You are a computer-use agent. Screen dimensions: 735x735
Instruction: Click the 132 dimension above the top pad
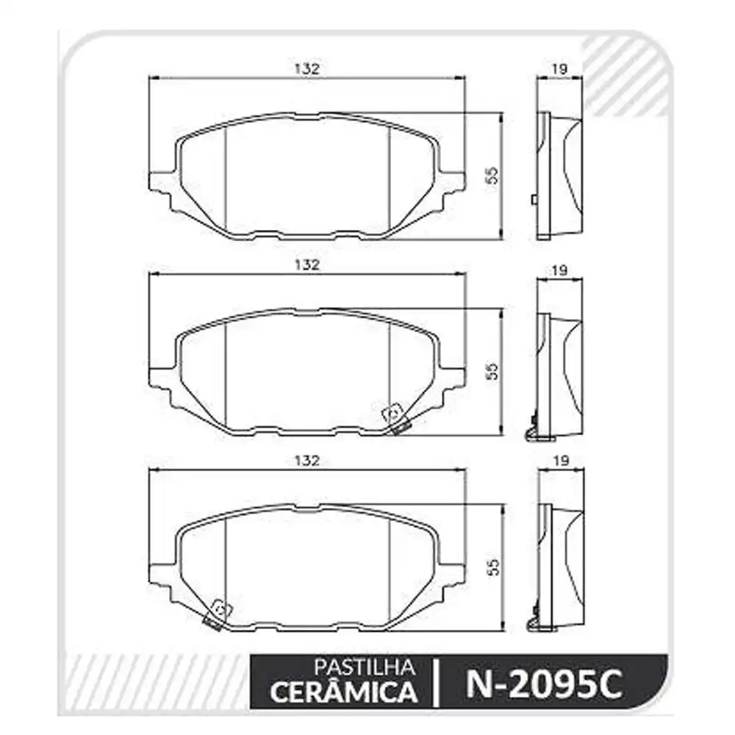(x=307, y=69)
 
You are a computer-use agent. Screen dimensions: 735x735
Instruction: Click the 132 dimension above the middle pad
(x=307, y=265)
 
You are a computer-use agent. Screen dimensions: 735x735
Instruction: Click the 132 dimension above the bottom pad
(x=307, y=461)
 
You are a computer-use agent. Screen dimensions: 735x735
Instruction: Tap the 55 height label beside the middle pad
(x=494, y=370)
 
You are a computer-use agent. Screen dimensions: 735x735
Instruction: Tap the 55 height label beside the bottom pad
(x=494, y=566)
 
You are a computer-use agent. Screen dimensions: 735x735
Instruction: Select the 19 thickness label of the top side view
(x=559, y=69)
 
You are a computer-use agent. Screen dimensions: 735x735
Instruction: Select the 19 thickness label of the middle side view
(x=559, y=271)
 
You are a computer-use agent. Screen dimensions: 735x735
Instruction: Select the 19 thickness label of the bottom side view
(x=559, y=461)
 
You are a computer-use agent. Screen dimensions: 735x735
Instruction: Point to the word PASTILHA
(x=365, y=667)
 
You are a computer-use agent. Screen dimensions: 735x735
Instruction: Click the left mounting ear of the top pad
(x=160, y=182)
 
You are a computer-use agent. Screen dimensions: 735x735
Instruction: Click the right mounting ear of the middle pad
(x=453, y=377)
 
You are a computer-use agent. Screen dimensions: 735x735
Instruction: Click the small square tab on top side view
(x=533, y=199)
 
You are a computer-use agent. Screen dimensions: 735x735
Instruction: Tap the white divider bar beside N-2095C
(x=440, y=681)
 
